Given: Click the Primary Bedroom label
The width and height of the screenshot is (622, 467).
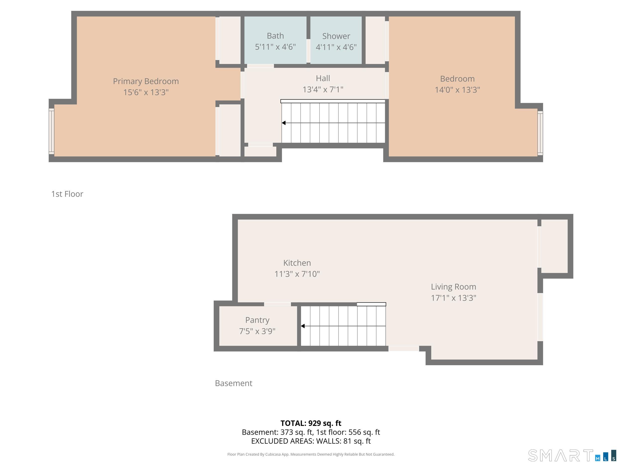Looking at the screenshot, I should [146, 81].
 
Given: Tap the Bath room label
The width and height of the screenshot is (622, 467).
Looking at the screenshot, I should [275, 36].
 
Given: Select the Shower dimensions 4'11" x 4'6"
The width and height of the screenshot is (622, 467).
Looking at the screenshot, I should [336, 47].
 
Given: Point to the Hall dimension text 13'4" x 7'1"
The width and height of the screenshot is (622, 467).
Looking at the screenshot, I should [323, 89].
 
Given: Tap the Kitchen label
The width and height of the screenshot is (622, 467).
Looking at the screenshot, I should [297, 263].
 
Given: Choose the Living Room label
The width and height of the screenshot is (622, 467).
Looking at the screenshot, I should [453, 287].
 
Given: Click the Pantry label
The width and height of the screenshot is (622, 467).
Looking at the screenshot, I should [257, 320].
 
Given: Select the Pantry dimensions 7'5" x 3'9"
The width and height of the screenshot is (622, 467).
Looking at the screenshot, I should [257, 331].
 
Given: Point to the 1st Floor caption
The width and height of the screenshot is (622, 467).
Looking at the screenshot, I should [67, 194].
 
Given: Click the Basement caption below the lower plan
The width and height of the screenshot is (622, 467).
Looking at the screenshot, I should [233, 383].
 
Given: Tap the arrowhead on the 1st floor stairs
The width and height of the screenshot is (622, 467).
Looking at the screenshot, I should [284, 123].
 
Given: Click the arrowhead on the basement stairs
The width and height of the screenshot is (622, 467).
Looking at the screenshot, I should [303, 326].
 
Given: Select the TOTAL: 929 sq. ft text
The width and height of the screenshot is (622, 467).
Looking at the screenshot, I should [311, 423].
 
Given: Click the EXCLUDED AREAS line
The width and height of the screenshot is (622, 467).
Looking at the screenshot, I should [311, 441].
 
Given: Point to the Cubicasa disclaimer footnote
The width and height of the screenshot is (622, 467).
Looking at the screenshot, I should [311, 454].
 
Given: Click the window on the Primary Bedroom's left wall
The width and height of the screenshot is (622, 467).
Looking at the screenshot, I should [52, 132].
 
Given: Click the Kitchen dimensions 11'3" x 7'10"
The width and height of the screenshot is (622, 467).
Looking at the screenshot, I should [297, 274].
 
